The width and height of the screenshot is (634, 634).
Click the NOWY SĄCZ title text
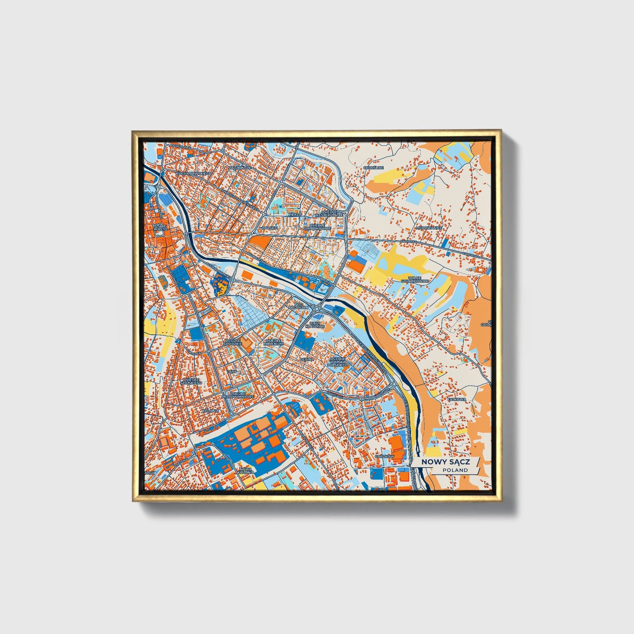(x=445, y=462)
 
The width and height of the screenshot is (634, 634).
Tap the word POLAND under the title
(x=455, y=470)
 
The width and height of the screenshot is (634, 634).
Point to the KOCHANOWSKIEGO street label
(x=193, y=174)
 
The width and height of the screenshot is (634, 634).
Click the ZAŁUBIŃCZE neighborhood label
(x=240, y=168)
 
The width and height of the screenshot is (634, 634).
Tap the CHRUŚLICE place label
(x=373, y=168)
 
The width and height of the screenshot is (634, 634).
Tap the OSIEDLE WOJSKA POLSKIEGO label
(x=338, y=362)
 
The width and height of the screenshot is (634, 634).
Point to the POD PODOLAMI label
(x=299, y=305)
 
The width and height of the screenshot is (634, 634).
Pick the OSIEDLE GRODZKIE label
(x=233, y=342)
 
